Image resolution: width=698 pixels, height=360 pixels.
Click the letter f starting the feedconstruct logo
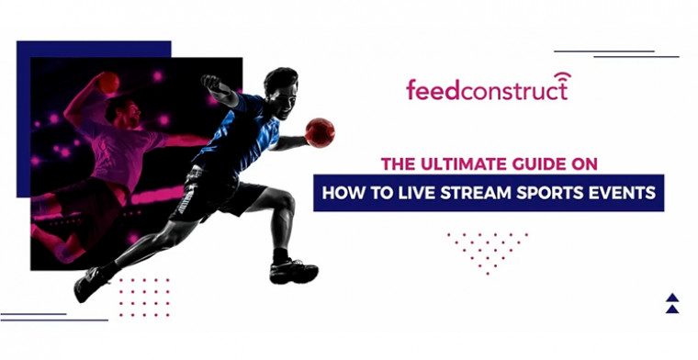pyautogui.click(x=411, y=90)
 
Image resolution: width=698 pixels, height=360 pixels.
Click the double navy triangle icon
pyautogui.click(x=672, y=302)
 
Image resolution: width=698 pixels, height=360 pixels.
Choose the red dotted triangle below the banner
pyautogui.click(x=487, y=248)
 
